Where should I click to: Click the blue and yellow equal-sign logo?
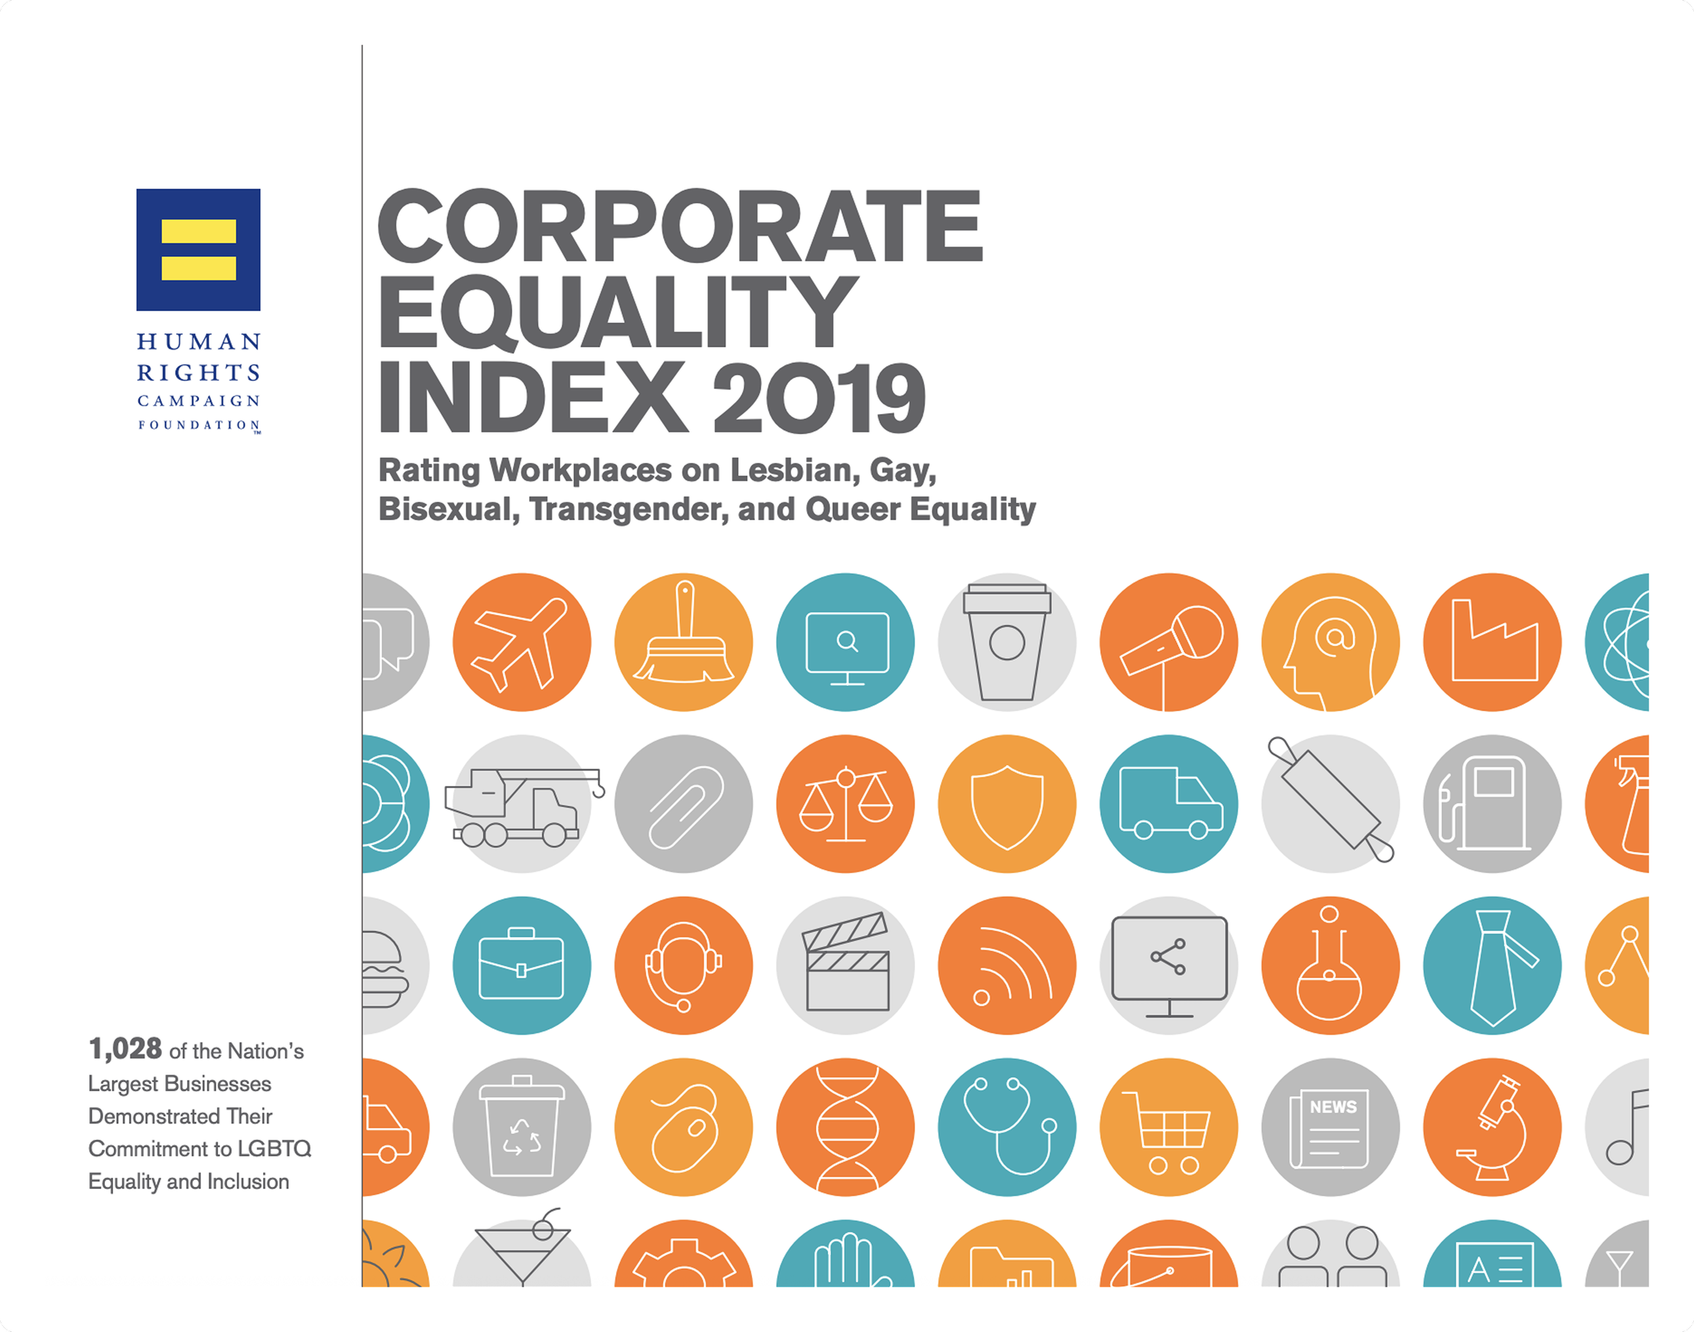click(198, 249)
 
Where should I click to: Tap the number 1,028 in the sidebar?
click(125, 1049)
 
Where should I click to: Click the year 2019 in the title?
click(819, 398)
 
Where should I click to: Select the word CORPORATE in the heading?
click(680, 226)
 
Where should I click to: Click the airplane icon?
click(521, 644)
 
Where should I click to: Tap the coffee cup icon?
click(1007, 642)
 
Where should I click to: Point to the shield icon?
click(1007, 806)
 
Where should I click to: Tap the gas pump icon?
click(1486, 804)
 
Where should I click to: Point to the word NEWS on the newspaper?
click(1333, 1106)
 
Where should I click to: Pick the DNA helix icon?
click(846, 1127)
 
